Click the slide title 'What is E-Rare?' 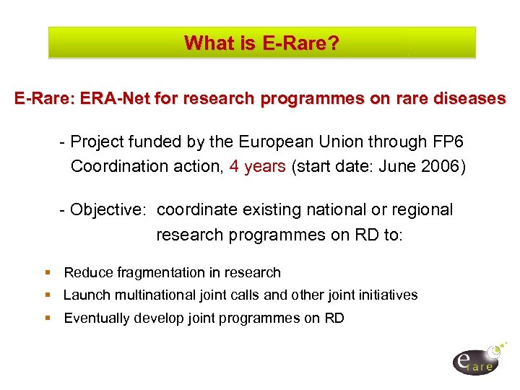261,43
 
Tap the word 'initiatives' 388,295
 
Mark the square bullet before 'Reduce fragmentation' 48,273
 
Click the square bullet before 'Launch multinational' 48,295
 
